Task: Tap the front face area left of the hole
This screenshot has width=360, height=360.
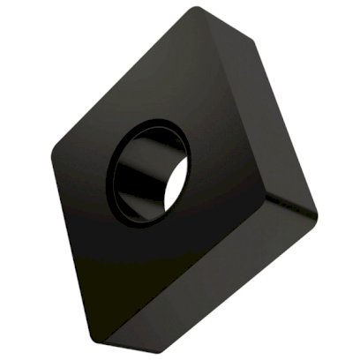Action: pos(84,176)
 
